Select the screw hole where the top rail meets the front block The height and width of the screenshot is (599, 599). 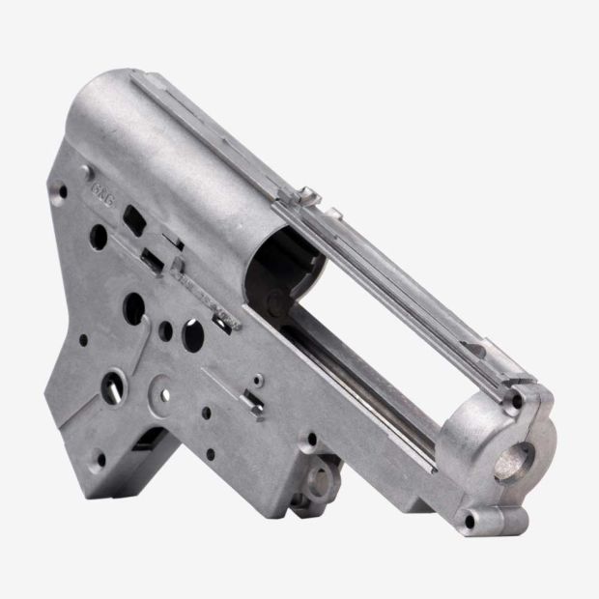coord(518,397)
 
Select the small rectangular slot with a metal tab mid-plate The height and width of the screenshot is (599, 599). coord(254,398)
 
